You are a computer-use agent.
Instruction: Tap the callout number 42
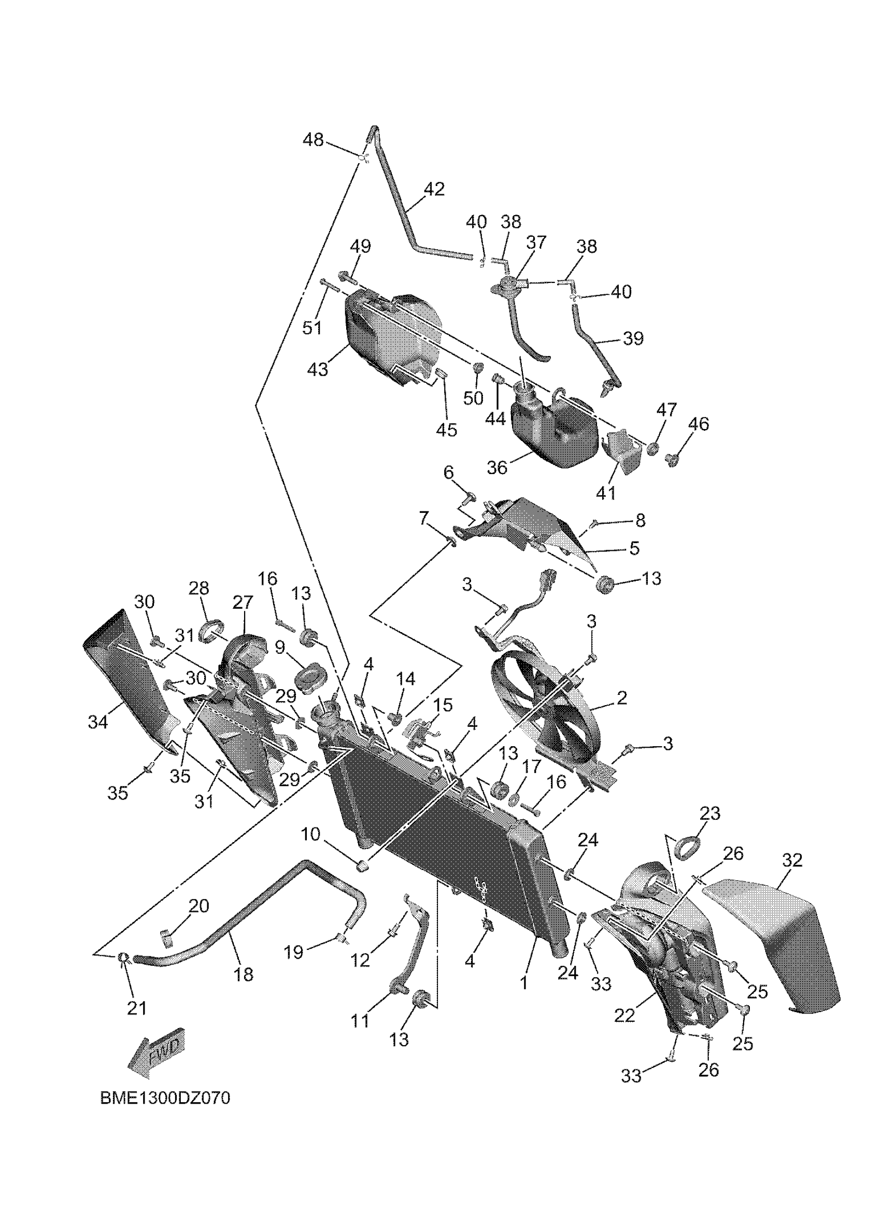(x=434, y=189)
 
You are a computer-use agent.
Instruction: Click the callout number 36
(x=496, y=467)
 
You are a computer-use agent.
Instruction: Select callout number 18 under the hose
(x=244, y=975)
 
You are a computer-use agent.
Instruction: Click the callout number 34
(x=98, y=722)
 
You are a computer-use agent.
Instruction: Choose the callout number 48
(x=313, y=140)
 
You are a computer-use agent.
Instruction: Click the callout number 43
(x=317, y=369)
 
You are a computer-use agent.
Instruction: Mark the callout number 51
(x=312, y=327)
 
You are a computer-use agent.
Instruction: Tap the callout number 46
(x=699, y=424)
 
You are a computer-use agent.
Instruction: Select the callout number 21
(x=136, y=1008)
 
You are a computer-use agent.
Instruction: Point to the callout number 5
(x=634, y=548)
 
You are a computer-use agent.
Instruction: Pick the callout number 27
(x=243, y=603)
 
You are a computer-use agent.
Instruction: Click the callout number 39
(x=633, y=338)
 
